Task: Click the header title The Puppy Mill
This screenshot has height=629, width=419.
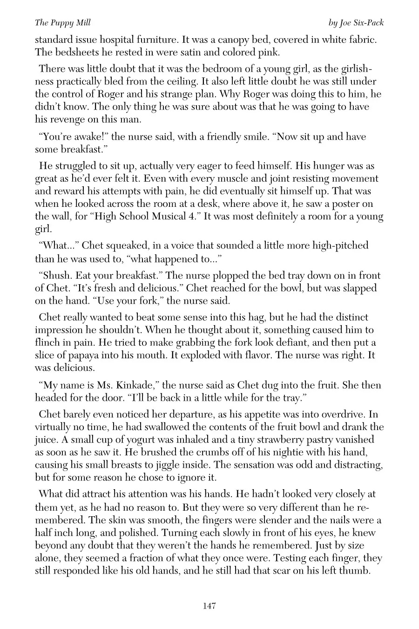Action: [x=57, y=23]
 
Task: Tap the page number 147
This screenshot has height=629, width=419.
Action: [x=209, y=606]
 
